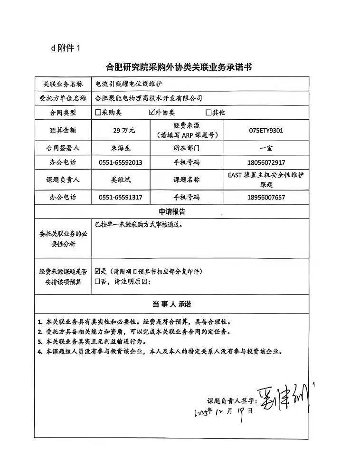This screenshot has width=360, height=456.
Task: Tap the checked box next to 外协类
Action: click(152, 113)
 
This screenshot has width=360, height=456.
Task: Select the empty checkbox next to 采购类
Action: click(98, 113)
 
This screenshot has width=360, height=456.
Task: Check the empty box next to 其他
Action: click(208, 113)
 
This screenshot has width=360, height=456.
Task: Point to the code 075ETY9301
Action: click(266, 130)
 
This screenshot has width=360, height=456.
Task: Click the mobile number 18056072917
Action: click(266, 162)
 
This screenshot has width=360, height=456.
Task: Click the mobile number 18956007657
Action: click(266, 197)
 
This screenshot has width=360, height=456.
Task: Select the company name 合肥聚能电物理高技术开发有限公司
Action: click(149, 98)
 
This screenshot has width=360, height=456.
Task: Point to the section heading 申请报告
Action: click(172, 211)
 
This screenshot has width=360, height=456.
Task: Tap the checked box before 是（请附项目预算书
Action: click(98, 272)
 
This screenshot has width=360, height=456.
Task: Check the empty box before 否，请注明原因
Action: click(98, 282)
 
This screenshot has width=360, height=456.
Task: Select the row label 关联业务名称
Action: click(63, 84)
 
